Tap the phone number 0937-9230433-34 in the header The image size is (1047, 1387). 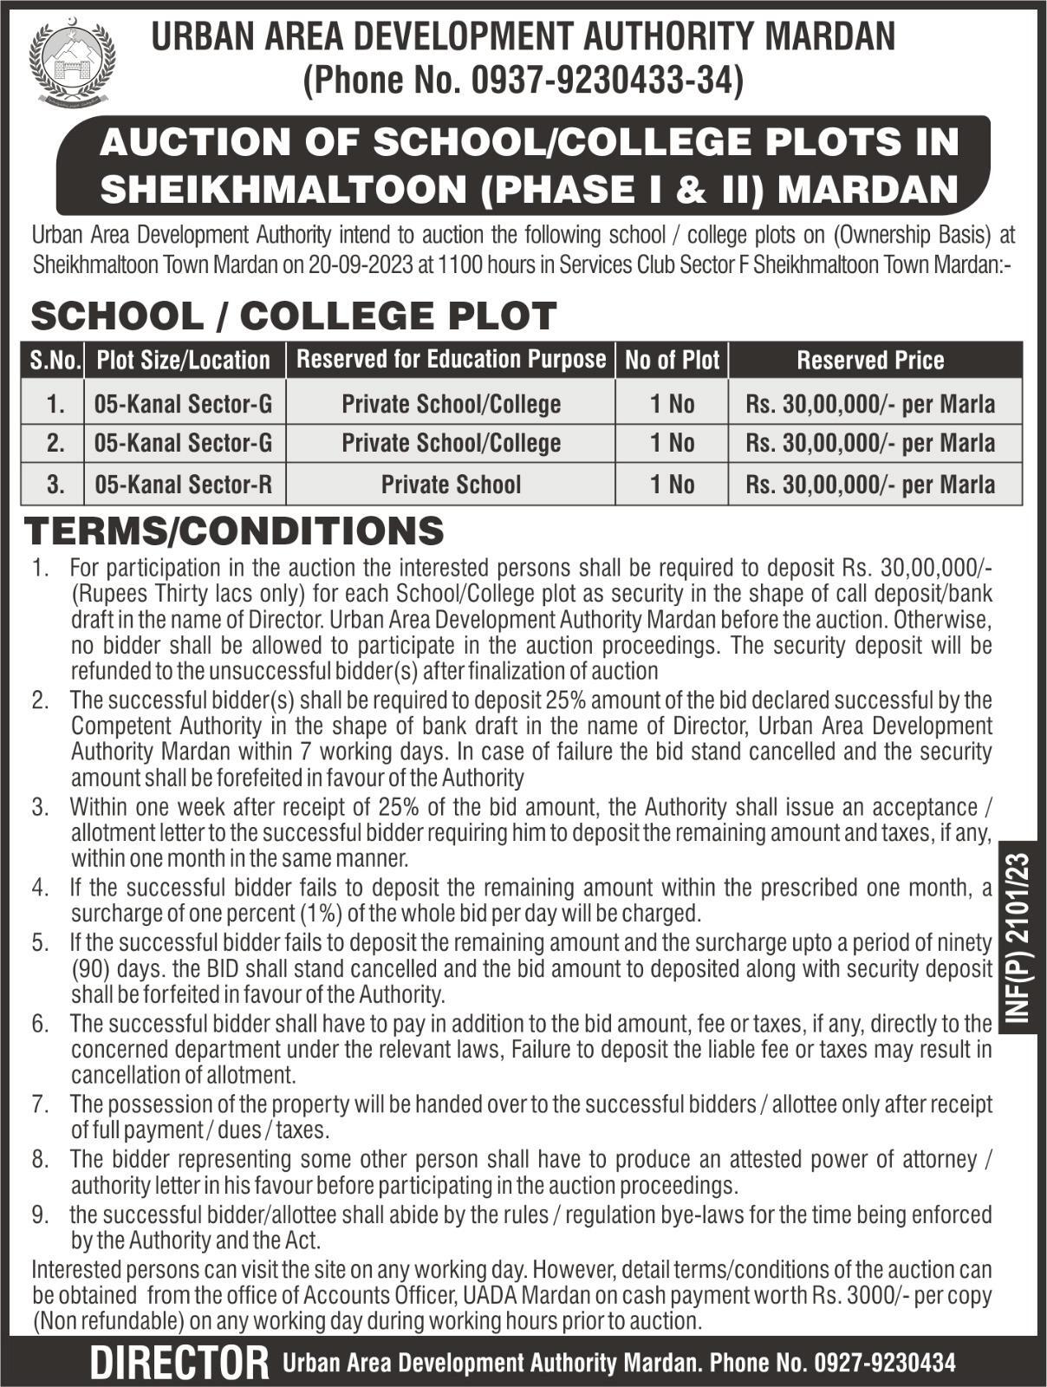tap(604, 81)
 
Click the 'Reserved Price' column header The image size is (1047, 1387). tap(870, 360)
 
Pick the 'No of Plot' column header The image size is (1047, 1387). tap(672, 360)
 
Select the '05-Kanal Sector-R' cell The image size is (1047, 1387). tap(184, 484)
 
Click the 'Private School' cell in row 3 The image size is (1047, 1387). tap(451, 484)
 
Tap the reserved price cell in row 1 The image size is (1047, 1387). tap(870, 404)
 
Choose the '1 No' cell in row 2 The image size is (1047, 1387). tap(672, 443)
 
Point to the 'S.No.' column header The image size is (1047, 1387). tap(55, 360)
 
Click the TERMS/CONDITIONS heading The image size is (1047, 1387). tap(234, 531)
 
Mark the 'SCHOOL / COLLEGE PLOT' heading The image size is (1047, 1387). tap(293, 316)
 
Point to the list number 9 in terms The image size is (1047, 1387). tap(40, 1215)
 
